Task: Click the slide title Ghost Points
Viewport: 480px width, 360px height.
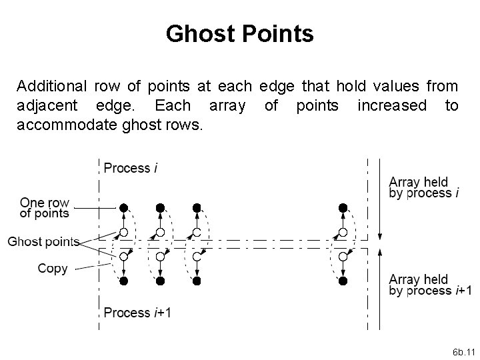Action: (240, 33)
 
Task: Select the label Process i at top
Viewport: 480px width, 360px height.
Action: (131, 168)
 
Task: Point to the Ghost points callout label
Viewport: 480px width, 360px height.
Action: (43, 242)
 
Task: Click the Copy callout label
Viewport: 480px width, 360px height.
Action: (53, 269)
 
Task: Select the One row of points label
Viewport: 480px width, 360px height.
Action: (45, 207)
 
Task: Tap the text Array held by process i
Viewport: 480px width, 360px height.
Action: (423, 187)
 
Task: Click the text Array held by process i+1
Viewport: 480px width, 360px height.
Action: (430, 285)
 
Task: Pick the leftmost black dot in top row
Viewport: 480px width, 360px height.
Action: (123, 208)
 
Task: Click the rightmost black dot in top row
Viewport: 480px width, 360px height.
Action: (343, 208)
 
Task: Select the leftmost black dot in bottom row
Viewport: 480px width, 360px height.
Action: (123, 281)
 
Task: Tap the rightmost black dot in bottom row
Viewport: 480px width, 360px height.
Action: (343, 281)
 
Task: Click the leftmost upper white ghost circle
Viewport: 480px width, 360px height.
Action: (123, 233)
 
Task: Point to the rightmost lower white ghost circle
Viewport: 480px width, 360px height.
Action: (343, 257)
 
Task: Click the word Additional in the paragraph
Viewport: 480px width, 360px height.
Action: (51, 86)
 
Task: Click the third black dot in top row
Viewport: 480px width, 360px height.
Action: (196, 208)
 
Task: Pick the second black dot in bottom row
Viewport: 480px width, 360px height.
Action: (160, 281)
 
